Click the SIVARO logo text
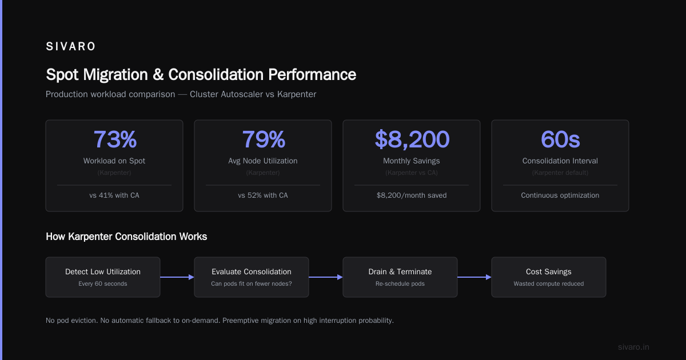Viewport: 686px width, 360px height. coord(70,46)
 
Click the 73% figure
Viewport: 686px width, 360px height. coord(115,139)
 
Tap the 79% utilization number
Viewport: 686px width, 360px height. coord(264,139)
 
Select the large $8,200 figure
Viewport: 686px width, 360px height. coord(412,140)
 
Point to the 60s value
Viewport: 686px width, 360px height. coord(560,139)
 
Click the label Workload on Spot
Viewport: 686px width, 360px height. coord(114,161)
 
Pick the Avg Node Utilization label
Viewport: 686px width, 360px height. coord(263,161)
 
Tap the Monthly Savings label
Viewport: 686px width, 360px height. coord(411,161)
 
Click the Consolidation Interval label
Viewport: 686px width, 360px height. coord(560,161)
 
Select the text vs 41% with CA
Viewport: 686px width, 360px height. coord(114,195)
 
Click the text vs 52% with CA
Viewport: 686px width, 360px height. coord(263,195)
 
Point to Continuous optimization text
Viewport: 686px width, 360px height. coord(560,195)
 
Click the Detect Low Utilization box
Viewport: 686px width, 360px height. coord(103,277)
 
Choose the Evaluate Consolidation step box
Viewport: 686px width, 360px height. coord(252,277)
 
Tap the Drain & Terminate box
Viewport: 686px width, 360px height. coord(400,277)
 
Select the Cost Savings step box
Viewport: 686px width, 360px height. coord(549,277)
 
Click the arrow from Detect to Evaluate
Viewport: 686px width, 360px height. coord(177,277)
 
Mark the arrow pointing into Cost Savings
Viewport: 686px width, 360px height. coord(474,277)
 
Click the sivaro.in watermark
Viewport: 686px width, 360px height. coord(633,347)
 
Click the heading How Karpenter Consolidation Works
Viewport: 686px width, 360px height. coord(126,237)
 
